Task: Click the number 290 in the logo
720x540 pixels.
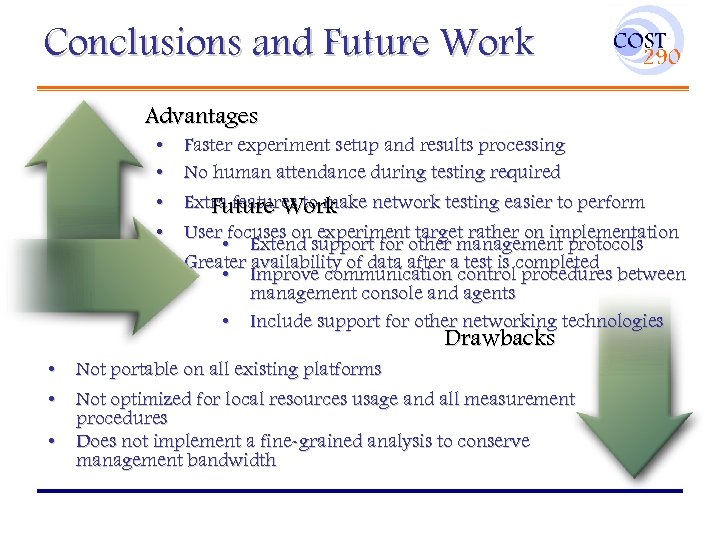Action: [x=660, y=57]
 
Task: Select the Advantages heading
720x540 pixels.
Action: [x=201, y=117]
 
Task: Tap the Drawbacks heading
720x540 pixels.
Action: [x=499, y=338]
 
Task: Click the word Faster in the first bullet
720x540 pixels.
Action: [x=211, y=146]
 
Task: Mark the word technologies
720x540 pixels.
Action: [x=612, y=321]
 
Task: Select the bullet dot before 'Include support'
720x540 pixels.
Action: [x=228, y=321]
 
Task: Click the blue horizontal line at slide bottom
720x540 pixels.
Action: [x=359, y=490]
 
